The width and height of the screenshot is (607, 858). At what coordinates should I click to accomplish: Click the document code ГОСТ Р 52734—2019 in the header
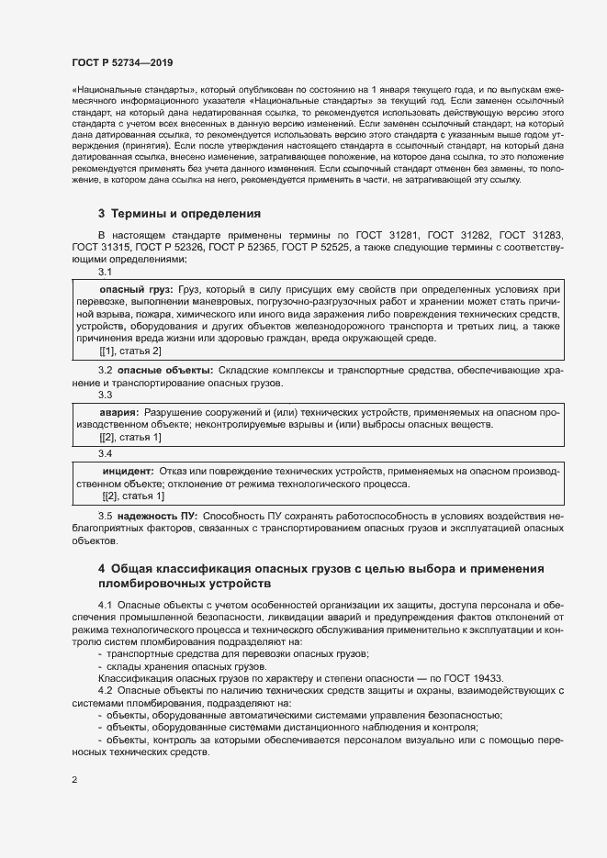click(x=121, y=62)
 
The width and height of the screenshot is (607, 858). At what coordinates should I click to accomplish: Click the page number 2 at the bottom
click(x=74, y=780)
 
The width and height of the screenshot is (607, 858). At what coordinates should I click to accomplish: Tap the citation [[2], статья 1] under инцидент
click(x=133, y=496)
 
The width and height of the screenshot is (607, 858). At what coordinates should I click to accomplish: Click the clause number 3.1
click(x=105, y=272)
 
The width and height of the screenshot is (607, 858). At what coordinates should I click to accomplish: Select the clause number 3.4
click(x=105, y=453)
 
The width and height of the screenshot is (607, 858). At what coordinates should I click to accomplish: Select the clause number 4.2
click(x=106, y=690)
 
